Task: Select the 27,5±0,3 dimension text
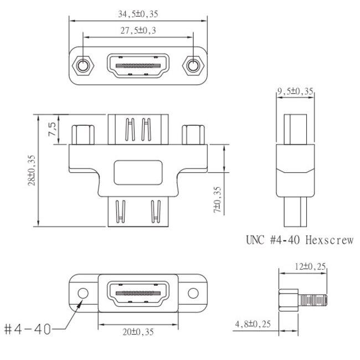click(x=138, y=30)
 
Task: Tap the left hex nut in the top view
click(x=84, y=66)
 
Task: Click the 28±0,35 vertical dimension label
click(x=32, y=170)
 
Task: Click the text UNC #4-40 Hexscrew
click(x=299, y=240)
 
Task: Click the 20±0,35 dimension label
click(x=138, y=332)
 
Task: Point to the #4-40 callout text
click(x=27, y=329)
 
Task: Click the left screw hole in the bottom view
click(x=83, y=292)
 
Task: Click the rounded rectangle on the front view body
click(x=138, y=172)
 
